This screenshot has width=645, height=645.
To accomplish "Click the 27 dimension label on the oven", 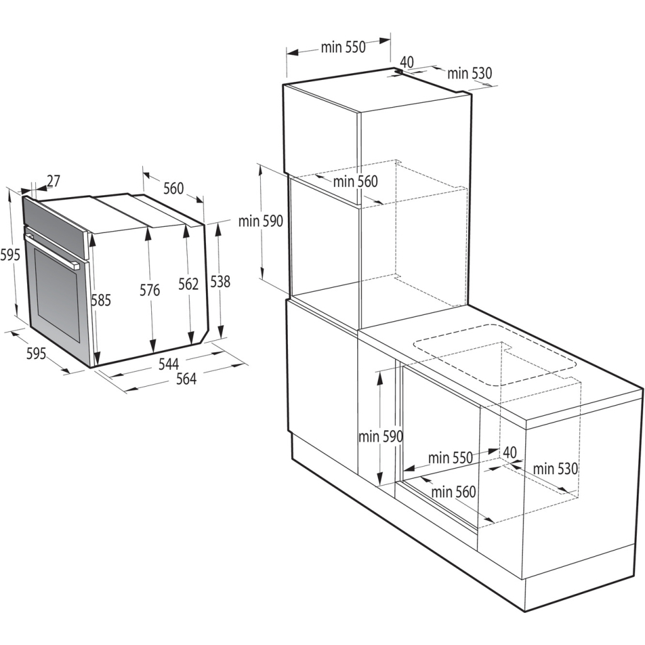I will click(54, 181).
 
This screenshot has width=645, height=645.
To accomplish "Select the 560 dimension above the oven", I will click(174, 188).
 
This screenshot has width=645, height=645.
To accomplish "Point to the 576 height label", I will click(150, 290).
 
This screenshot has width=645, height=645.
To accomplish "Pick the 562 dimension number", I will click(188, 284).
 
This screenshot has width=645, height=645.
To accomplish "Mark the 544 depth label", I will click(169, 363).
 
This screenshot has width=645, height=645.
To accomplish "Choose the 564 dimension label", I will click(186, 379).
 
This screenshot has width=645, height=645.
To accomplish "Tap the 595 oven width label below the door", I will click(36, 354).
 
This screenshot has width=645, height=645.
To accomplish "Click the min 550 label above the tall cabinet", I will click(343, 48).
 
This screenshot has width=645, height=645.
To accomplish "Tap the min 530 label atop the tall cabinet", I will click(469, 74).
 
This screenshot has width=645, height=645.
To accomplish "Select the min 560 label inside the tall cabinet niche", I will click(355, 181).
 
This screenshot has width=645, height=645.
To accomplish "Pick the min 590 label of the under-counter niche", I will click(380, 436).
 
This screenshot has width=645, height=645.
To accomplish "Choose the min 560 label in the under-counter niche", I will click(454, 491).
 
